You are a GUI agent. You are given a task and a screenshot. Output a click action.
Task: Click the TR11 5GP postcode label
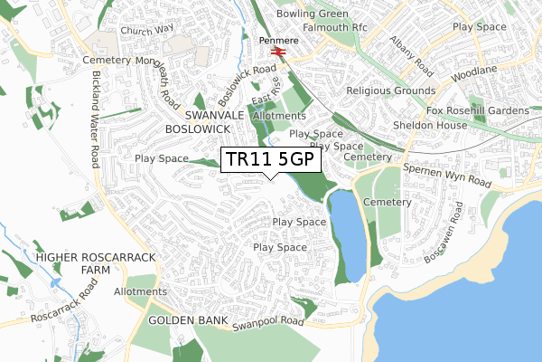pos(270,159)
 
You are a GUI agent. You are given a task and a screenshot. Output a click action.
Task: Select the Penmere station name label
pos(278,41)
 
